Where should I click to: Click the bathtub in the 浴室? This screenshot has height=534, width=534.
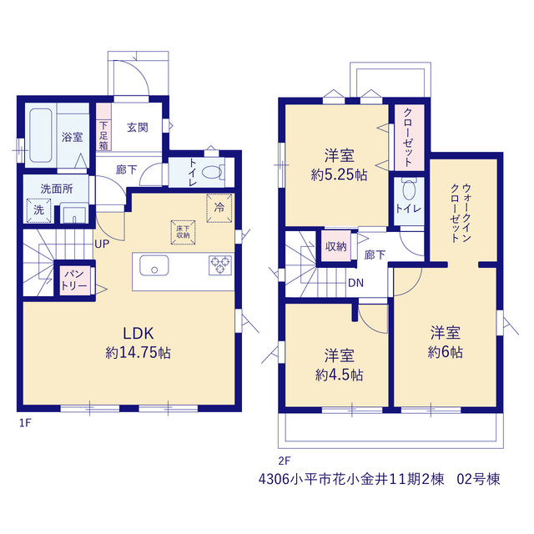[x=41, y=135]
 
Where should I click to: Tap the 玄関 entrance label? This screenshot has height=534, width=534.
[x=138, y=128]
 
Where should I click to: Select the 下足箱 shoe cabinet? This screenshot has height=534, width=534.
[x=103, y=127]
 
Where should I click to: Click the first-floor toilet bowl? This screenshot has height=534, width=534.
[x=212, y=172]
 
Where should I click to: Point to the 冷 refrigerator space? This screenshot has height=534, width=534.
[x=219, y=208]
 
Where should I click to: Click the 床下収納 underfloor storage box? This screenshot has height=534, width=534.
[x=184, y=232]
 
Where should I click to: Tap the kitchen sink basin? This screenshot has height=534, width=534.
[x=154, y=265]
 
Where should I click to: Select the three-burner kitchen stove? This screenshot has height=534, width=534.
[x=220, y=265]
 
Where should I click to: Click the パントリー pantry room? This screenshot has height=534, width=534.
[x=74, y=280]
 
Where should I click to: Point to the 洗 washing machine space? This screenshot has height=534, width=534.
[x=39, y=211]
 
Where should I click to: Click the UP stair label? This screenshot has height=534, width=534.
[x=102, y=244]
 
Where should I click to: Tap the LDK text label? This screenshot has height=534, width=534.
[x=139, y=334]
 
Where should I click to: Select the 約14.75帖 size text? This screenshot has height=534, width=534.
[x=139, y=353]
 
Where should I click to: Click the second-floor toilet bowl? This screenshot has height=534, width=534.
[x=409, y=189]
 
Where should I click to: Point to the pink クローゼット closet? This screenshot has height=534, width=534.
[x=410, y=137]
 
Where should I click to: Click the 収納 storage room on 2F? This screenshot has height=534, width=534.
[x=336, y=246]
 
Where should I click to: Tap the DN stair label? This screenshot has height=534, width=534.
[x=356, y=283]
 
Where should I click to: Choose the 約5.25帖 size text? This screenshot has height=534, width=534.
[x=340, y=175]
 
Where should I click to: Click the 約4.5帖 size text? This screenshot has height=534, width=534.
[x=340, y=375]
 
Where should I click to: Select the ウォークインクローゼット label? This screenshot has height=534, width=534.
[x=461, y=213]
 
